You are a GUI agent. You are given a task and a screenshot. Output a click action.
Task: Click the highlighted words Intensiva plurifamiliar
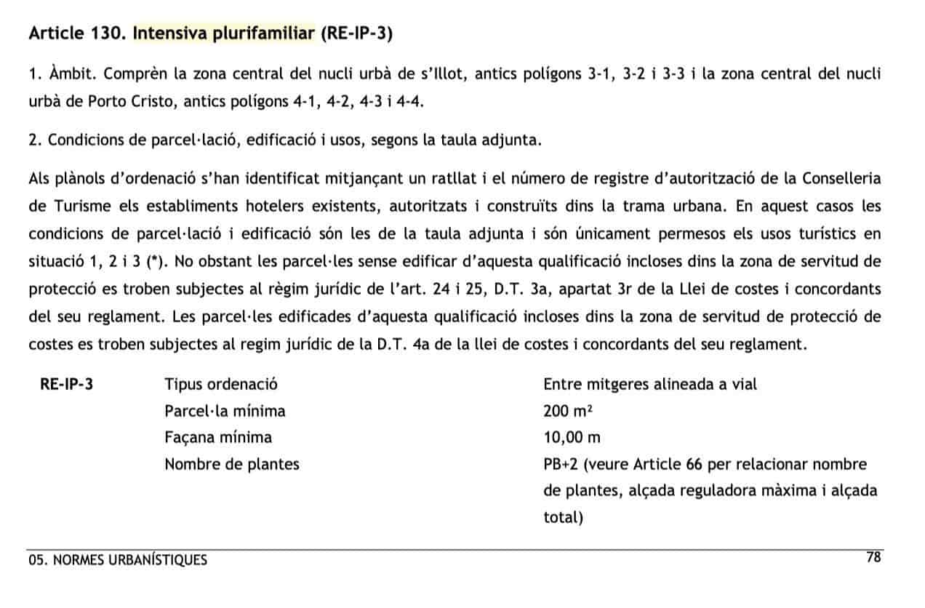224,34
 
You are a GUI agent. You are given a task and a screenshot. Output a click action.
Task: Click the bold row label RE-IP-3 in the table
66,384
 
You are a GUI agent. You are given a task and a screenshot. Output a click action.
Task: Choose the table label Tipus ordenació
221,384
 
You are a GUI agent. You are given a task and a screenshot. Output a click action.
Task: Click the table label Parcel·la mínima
225,411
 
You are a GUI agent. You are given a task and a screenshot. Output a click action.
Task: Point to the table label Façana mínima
218,438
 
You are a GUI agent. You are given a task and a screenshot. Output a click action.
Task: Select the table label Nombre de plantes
231,465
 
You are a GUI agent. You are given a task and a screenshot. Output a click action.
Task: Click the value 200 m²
567,411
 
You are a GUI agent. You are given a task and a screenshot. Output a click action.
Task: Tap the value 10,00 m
572,438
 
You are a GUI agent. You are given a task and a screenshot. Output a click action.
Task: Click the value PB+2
561,465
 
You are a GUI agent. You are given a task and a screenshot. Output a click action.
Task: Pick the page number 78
873,558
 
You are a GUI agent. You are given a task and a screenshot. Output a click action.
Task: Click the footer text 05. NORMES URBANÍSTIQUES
117,560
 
